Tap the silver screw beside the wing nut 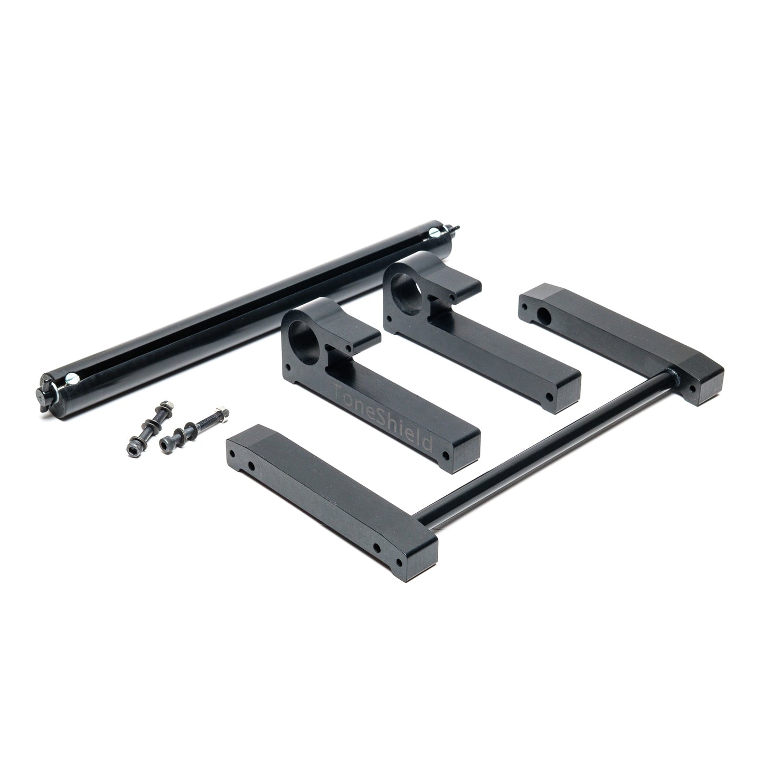[x=72, y=379]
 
